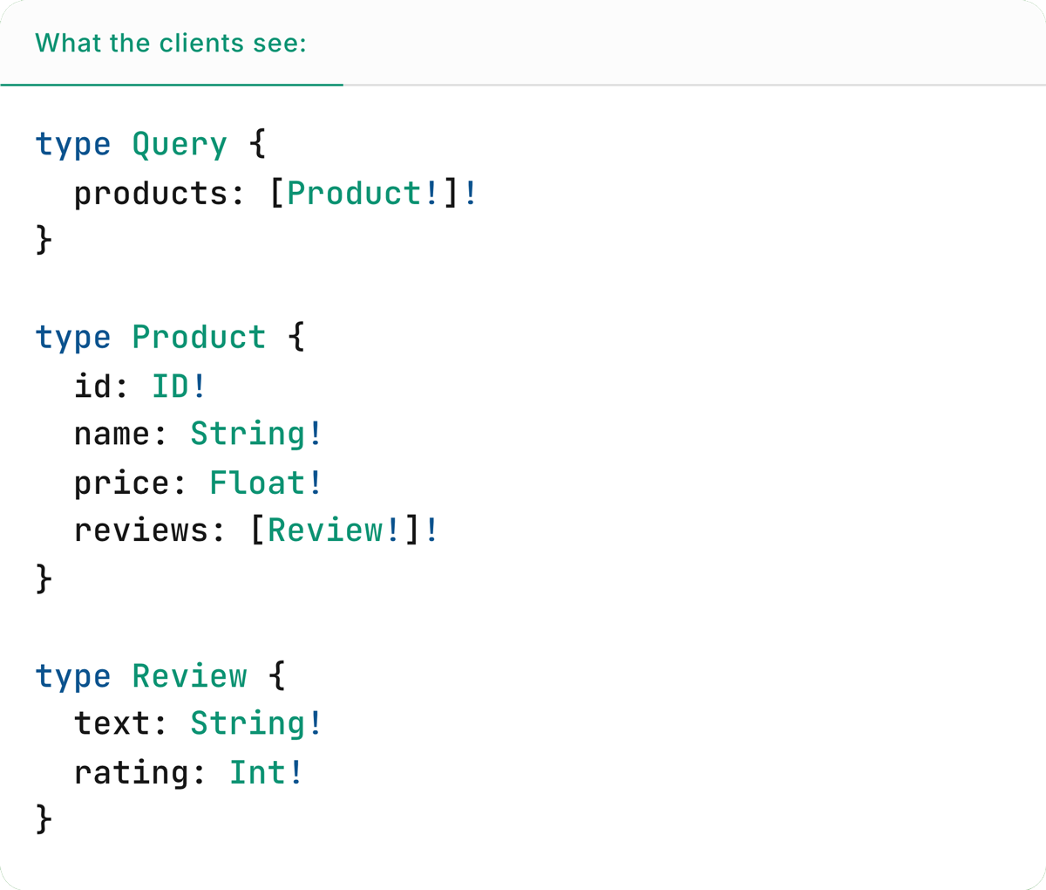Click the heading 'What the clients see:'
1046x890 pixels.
pyautogui.click(x=171, y=43)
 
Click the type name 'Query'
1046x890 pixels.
pyautogui.click(x=180, y=144)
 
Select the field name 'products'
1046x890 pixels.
pyautogui.click(x=150, y=194)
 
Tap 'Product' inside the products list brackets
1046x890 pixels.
pyautogui.click(x=354, y=193)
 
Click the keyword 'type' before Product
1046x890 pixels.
pyautogui.click(x=73, y=338)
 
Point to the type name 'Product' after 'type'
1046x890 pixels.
pyautogui.click(x=199, y=337)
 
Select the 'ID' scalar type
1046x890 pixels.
pyautogui.click(x=170, y=386)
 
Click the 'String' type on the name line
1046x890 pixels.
pyautogui.click(x=248, y=434)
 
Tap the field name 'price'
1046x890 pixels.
pyautogui.click(x=121, y=483)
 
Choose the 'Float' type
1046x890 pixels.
pyautogui.click(x=257, y=483)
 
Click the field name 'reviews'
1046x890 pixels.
pyautogui.click(x=140, y=531)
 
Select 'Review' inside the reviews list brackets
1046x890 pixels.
pyautogui.click(x=325, y=531)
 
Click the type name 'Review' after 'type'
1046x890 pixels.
pyautogui.click(x=189, y=676)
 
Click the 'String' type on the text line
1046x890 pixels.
pyautogui.click(x=248, y=723)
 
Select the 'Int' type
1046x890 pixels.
pyautogui.click(x=257, y=772)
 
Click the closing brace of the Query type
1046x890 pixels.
pyautogui.click(x=44, y=240)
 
